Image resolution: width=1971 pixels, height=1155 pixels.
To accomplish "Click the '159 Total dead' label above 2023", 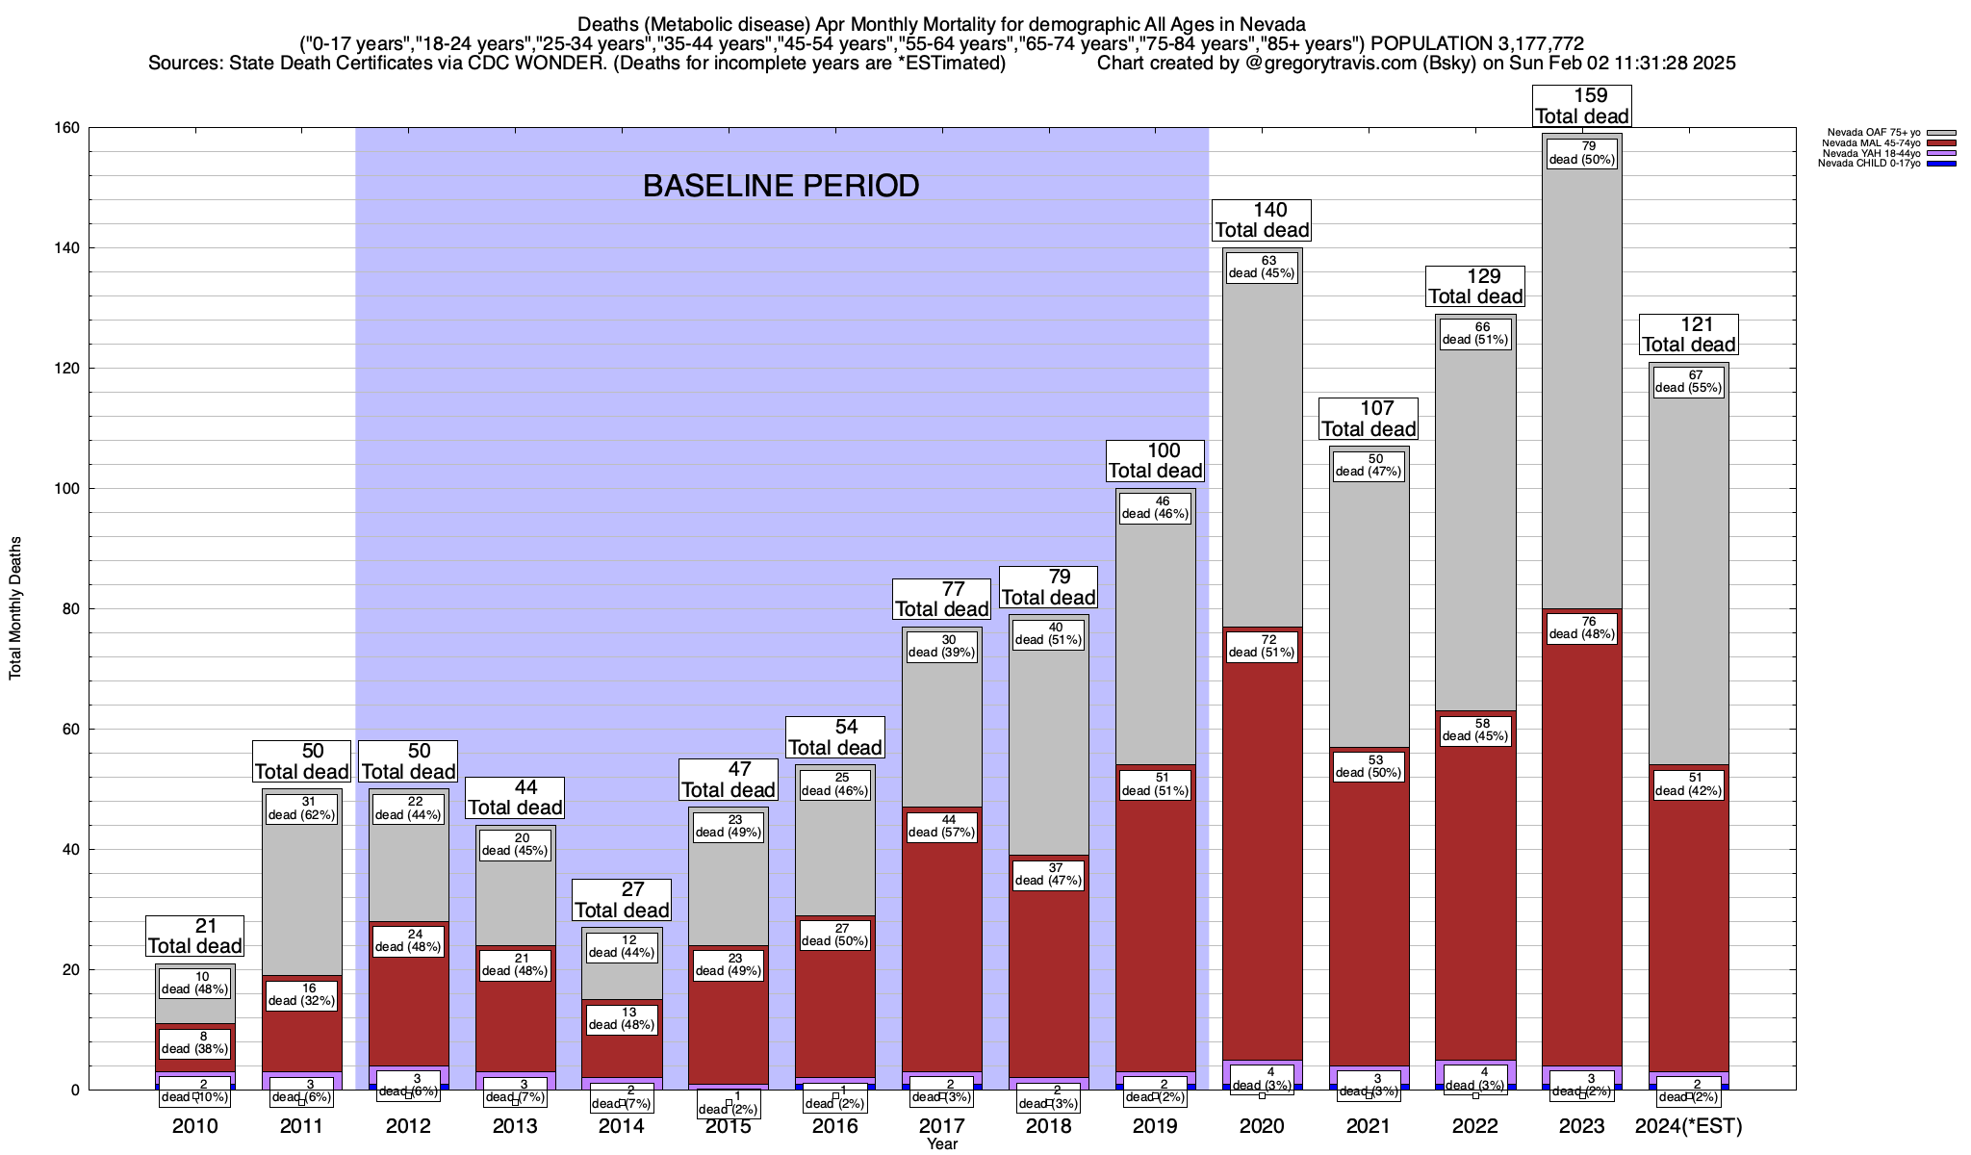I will [1582, 106].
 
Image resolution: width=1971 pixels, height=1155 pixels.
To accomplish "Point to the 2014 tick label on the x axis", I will [622, 1126].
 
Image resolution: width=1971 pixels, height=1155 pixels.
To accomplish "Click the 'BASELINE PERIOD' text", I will [781, 186].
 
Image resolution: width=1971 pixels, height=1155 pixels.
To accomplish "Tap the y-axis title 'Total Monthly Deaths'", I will [15, 608].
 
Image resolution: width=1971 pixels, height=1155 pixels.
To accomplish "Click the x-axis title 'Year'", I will [942, 1144].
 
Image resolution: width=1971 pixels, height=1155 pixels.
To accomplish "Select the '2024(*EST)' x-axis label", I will [1689, 1126].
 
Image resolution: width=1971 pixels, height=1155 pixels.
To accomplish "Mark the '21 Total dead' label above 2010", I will [194, 936].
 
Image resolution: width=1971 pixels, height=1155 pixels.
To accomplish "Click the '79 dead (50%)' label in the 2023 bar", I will [1582, 153].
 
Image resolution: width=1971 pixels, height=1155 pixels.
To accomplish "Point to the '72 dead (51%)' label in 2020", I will [1262, 646].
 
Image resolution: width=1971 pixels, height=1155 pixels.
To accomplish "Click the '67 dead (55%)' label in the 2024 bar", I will [1689, 381].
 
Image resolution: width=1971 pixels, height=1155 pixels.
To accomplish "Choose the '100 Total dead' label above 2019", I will [1155, 460].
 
